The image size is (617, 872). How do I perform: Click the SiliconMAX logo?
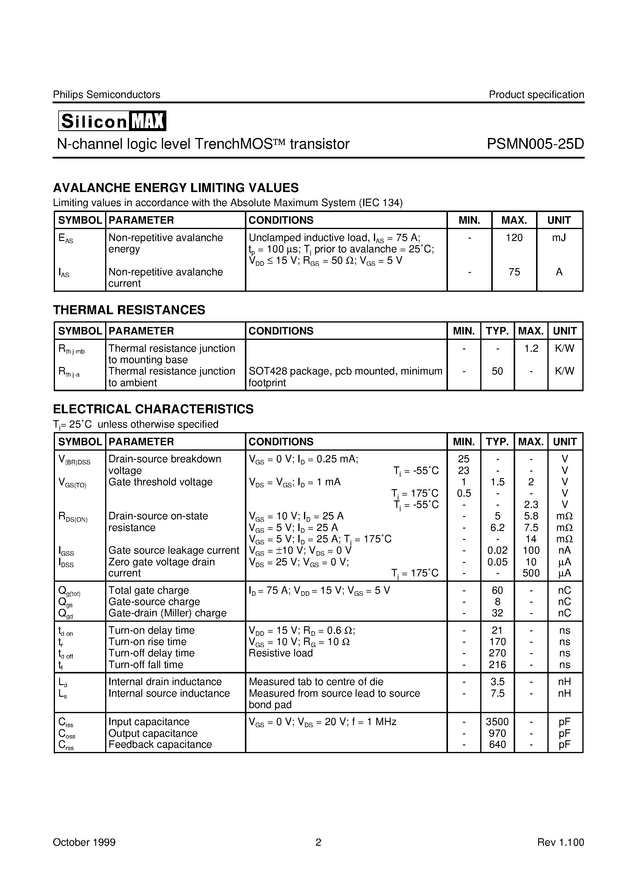(x=112, y=121)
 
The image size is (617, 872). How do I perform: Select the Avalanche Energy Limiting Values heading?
(x=176, y=188)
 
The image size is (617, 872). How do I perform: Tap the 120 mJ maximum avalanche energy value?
(x=514, y=238)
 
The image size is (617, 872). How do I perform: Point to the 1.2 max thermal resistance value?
(x=531, y=348)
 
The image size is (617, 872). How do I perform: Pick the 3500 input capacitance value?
(x=497, y=721)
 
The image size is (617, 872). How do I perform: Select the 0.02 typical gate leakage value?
(x=497, y=550)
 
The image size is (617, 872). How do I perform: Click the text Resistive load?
(x=280, y=653)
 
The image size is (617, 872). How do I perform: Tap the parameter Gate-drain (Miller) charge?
(x=167, y=613)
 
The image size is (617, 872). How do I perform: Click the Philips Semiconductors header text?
(x=106, y=95)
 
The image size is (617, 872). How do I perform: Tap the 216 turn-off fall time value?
(x=497, y=665)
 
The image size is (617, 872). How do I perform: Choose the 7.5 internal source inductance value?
(x=497, y=693)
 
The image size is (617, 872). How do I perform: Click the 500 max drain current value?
(x=531, y=573)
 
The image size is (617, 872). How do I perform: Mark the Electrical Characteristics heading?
(x=153, y=409)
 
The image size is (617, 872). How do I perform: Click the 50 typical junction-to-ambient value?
(x=497, y=371)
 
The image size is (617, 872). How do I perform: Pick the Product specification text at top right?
(x=536, y=95)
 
